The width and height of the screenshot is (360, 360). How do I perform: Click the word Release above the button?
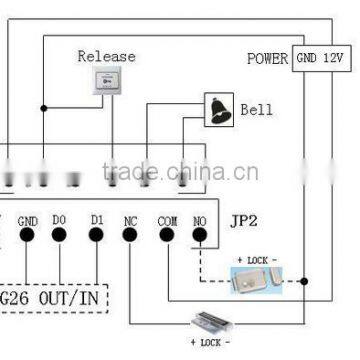(106, 56)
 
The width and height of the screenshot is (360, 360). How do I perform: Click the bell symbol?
(217, 108)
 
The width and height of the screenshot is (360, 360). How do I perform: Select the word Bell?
(256, 109)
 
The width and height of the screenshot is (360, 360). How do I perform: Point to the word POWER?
(267, 59)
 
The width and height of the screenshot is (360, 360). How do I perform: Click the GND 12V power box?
(320, 58)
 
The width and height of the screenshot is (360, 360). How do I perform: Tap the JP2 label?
(245, 220)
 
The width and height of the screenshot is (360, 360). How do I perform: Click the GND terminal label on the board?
(28, 220)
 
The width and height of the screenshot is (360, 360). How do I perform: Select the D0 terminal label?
(61, 220)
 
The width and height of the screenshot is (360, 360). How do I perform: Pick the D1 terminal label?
(96, 220)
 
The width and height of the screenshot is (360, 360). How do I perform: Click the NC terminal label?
(131, 220)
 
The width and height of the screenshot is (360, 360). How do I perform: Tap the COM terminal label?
(167, 220)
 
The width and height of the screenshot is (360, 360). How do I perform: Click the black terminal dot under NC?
(131, 239)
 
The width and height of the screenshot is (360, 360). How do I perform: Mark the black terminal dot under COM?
(167, 239)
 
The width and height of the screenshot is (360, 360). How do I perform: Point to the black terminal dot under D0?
(61, 239)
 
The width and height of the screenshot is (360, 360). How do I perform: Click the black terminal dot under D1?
(96, 239)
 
